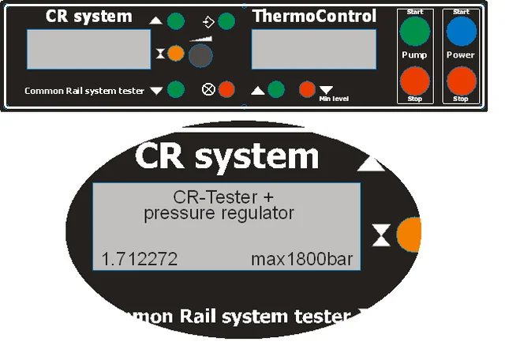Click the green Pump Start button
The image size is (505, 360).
click(x=415, y=32)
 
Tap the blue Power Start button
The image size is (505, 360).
click(x=462, y=32)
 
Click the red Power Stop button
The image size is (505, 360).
click(x=462, y=81)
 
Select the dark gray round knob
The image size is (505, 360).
click(x=201, y=54)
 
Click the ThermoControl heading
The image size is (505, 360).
click(x=314, y=17)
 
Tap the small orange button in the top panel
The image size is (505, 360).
click(x=176, y=54)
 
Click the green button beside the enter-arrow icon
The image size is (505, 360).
click(x=227, y=21)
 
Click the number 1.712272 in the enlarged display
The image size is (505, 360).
click(x=140, y=259)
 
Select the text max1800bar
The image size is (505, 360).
click(x=301, y=259)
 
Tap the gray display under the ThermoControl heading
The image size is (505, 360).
click(x=313, y=52)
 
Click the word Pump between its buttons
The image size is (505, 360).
click(x=414, y=55)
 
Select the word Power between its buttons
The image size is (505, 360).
click(x=461, y=55)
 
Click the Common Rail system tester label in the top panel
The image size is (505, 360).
click(x=84, y=91)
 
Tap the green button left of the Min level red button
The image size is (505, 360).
click(x=275, y=89)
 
